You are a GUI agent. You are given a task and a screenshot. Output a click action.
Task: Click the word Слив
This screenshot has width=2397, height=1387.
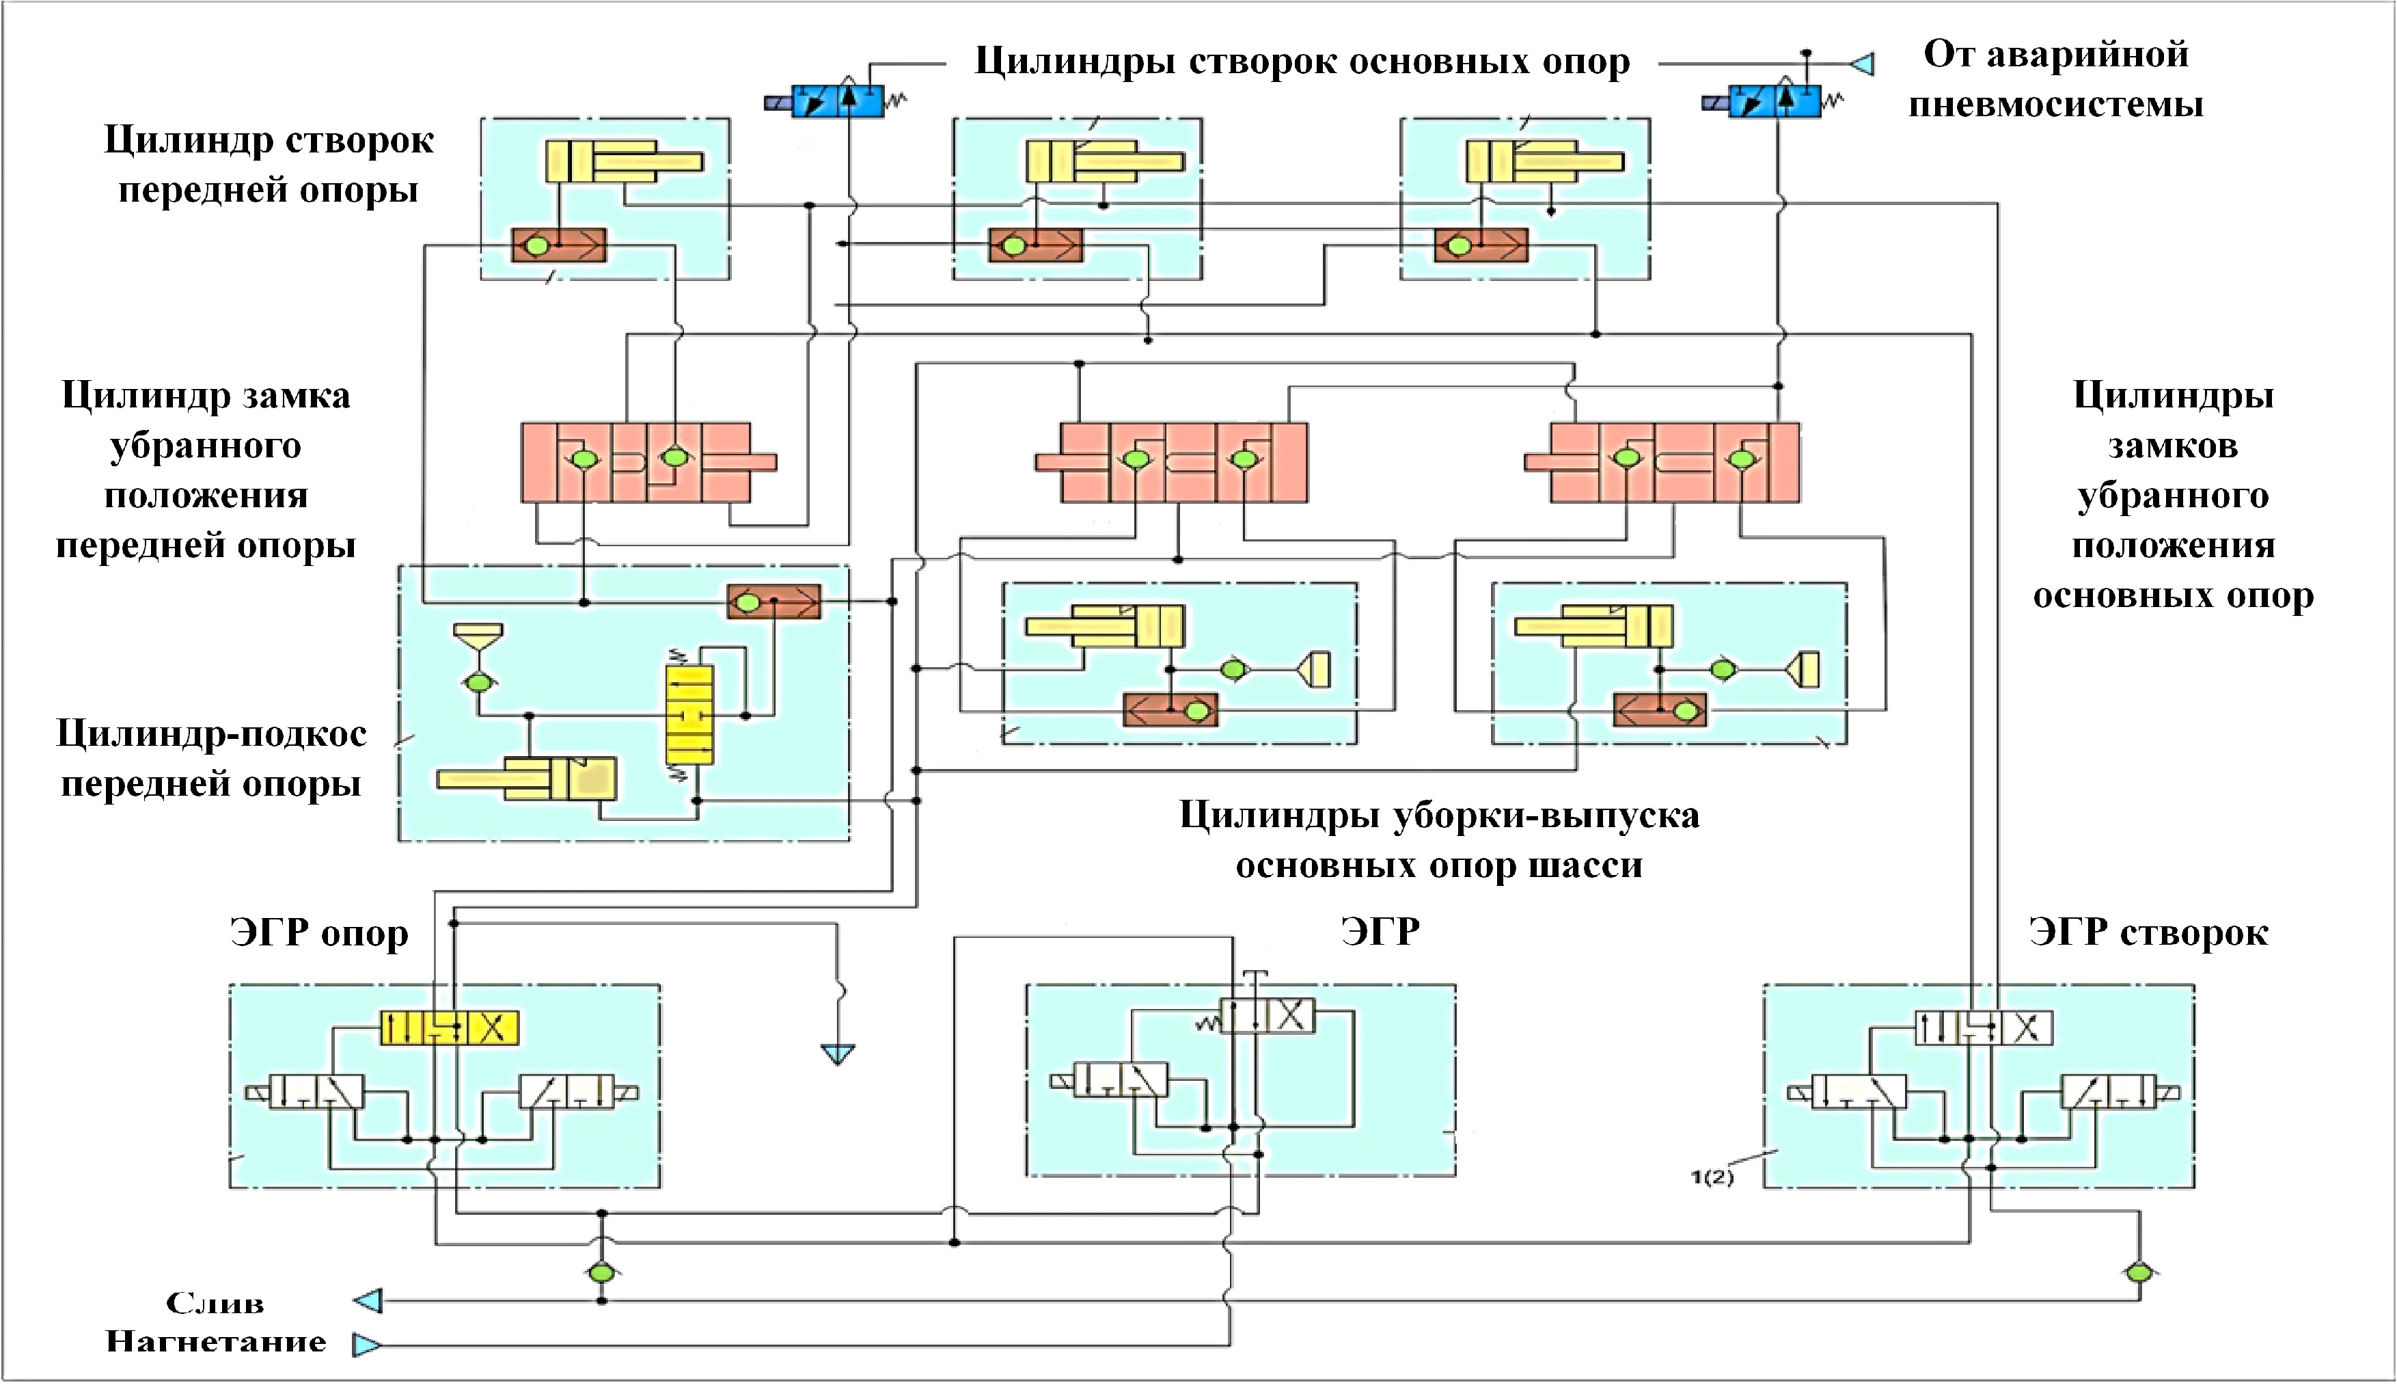pyautogui.click(x=215, y=1302)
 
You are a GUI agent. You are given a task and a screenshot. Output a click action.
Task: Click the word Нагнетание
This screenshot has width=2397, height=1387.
pyautogui.click(x=216, y=1341)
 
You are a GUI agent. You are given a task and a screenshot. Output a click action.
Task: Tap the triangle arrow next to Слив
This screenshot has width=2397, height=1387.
pyautogui.click(x=369, y=1300)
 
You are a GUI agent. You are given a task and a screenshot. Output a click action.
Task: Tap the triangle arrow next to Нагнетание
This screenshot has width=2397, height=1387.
pyautogui.click(x=366, y=1344)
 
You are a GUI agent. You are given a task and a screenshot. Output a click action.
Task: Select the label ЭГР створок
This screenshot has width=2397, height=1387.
pyautogui.click(x=2148, y=933)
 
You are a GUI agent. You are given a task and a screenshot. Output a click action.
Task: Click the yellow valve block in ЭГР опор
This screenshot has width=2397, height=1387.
pyautogui.click(x=449, y=1027)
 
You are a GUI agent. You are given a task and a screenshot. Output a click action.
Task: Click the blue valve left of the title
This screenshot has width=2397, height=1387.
pyautogui.click(x=837, y=100)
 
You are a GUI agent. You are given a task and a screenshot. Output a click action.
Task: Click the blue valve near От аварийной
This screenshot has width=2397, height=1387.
pyautogui.click(x=1773, y=100)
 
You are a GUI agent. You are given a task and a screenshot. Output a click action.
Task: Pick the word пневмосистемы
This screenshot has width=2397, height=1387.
pyautogui.click(x=2055, y=104)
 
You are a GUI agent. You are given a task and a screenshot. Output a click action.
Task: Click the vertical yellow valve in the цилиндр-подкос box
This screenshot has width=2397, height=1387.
pyautogui.click(x=689, y=714)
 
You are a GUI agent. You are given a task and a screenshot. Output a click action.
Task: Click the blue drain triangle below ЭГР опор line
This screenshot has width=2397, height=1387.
pyautogui.click(x=838, y=1054)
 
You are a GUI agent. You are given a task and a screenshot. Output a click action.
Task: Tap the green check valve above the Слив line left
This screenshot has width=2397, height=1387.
pyautogui.click(x=601, y=1273)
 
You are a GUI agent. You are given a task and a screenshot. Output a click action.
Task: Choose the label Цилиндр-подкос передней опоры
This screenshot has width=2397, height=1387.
pyautogui.click(x=211, y=758)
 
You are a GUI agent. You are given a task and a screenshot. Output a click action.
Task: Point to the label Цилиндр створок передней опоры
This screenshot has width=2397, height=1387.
pyautogui.click(x=269, y=165)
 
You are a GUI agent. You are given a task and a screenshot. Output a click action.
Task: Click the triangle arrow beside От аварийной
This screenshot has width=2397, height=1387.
pyautogui.click(x=1863, y=64)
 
